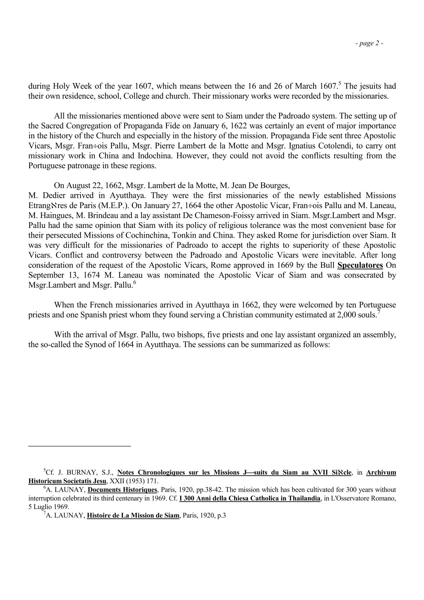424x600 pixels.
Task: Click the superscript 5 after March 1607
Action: pos(340,84)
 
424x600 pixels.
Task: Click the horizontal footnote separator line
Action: pos(80,446)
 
